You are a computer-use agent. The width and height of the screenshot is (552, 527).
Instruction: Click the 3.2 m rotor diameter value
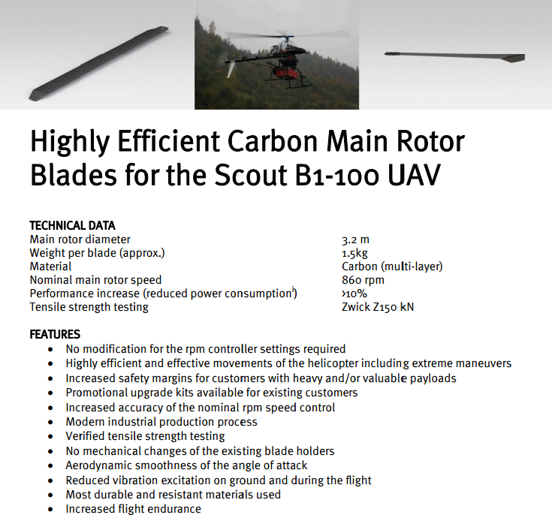355,239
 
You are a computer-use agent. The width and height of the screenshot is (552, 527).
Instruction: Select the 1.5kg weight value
354,253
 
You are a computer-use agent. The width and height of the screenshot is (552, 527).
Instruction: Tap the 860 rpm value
363,280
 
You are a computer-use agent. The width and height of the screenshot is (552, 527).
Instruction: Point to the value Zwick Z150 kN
378,307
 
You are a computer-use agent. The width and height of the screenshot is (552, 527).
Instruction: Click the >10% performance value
354,294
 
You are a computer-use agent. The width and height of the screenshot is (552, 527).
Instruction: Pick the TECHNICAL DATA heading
72,225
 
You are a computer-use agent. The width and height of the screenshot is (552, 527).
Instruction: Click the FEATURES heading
55,334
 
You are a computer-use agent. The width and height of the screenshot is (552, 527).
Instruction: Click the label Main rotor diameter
80,239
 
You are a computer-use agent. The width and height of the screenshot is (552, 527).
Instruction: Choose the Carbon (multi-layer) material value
392,267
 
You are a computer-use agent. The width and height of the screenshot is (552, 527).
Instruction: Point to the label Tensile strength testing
89,307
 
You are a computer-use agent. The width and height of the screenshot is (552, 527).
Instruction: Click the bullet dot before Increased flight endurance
51,510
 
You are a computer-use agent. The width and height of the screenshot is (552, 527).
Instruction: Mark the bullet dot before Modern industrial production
51,422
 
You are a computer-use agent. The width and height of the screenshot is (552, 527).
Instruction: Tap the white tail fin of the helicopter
231,69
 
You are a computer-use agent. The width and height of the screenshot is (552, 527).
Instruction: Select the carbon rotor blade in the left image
98,63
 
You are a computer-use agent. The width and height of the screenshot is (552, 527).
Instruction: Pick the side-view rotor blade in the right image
454,56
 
